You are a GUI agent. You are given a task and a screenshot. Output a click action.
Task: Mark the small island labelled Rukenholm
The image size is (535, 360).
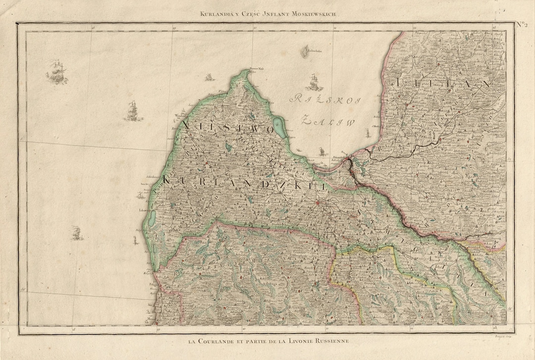(303, 51)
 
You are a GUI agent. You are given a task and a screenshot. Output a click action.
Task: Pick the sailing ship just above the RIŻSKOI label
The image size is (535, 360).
(313, 82)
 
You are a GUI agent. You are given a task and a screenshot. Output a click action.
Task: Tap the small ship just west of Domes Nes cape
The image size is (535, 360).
(209, 77)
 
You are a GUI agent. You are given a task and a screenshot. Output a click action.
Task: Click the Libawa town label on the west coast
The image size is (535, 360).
(146, 210)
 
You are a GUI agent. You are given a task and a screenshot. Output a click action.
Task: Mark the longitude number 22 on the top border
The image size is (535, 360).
(334, 28)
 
